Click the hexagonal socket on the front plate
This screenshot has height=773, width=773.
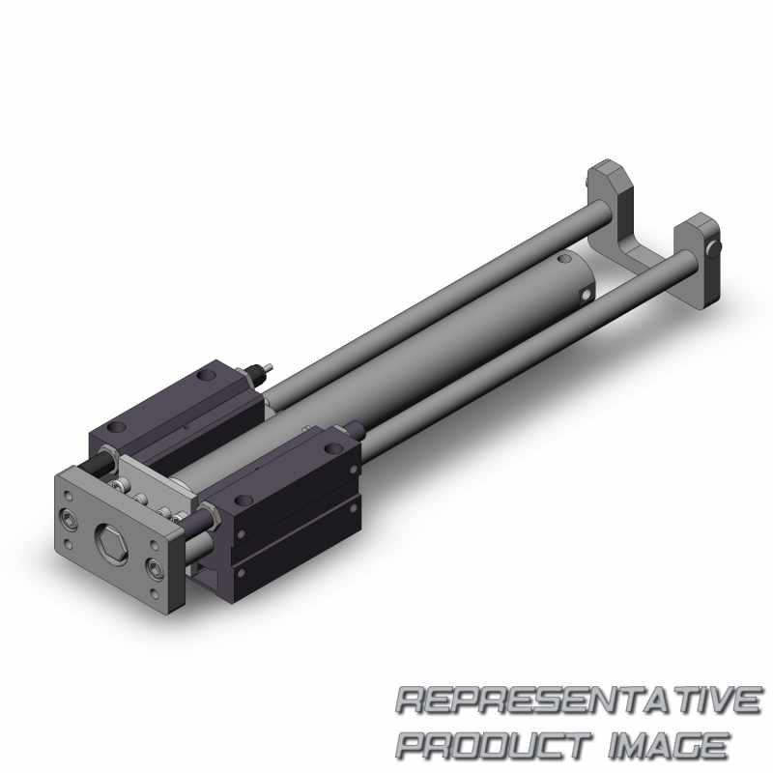(x=110, y=542)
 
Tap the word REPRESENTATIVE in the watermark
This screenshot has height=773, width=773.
(x=579, y=700)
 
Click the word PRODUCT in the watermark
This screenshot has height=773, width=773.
(x=494, y=745)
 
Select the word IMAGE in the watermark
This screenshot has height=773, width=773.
(x=668, y=745)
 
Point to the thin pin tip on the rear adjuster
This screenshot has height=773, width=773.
(x=269, y=366)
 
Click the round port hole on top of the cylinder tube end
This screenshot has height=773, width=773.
(x=561, y=257)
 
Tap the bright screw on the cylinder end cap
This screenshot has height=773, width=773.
(x=586, y=295)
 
